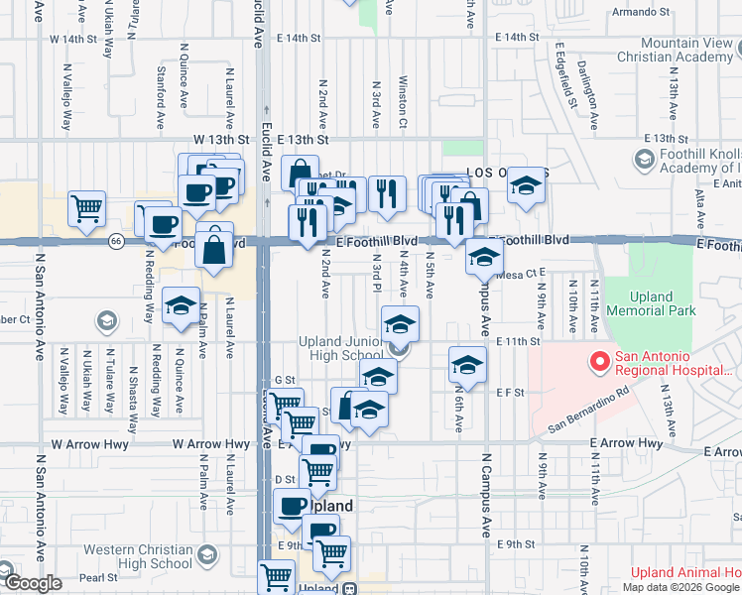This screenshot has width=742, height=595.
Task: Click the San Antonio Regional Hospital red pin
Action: point(599,363)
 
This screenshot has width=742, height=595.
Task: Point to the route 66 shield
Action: point(116,242)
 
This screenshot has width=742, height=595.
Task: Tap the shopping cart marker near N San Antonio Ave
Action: point(87,209)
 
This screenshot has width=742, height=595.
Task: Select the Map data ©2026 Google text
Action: point(680,587)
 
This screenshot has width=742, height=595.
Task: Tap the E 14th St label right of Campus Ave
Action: point(517,37)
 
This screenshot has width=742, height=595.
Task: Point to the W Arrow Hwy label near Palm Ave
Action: point(206,444)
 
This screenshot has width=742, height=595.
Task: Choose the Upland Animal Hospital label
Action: point(685,572)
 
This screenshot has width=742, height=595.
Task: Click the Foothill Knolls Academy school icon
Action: point(643,159)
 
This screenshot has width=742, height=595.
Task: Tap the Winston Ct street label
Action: point(403,102)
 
